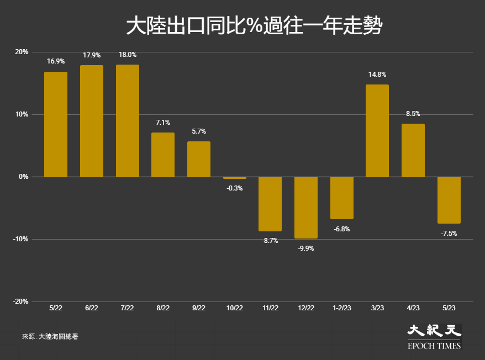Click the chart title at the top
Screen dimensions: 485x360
click(254, 25)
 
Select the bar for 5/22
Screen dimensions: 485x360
click(56, 124)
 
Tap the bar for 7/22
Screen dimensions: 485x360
click(128, 121)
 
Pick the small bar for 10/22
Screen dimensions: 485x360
click(235, 178)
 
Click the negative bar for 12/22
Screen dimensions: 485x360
click(306, 208)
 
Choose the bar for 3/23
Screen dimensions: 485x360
click(377, 131)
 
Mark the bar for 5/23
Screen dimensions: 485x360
click(449, 200)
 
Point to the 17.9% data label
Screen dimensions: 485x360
click(92, 55)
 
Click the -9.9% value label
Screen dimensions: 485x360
click(306, 248)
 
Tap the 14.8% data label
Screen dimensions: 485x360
click(377, 74)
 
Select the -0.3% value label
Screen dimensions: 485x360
click(235, 188)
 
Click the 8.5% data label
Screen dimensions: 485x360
click(413, 114)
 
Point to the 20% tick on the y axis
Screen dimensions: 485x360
click(22, 52)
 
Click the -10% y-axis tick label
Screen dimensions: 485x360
click(20, 239)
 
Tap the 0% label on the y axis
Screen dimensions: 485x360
click(24, 177)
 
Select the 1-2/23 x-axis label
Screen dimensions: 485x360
click(342, 308)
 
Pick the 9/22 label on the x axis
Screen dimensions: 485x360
click(199, 308)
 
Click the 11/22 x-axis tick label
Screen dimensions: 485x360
click(270, 308)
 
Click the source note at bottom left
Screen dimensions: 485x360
click(50, 336)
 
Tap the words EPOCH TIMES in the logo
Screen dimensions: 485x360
click(434, 346)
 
